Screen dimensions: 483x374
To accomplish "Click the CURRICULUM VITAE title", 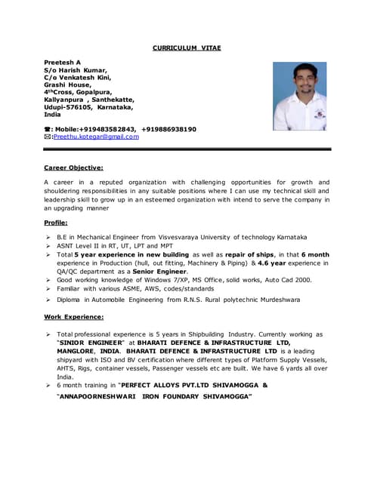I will pyautogui.click(x=187, y=48).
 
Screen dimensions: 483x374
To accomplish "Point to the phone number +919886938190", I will pyautogui.click(x=168, y=129).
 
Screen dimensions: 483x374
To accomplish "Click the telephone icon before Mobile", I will pyautogui.click(x=48, y=129).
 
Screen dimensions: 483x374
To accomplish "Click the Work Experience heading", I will pyautogui.click(x=73, y=316).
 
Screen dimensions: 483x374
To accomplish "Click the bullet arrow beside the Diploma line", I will pyautogui.click(x=48, y=300).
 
